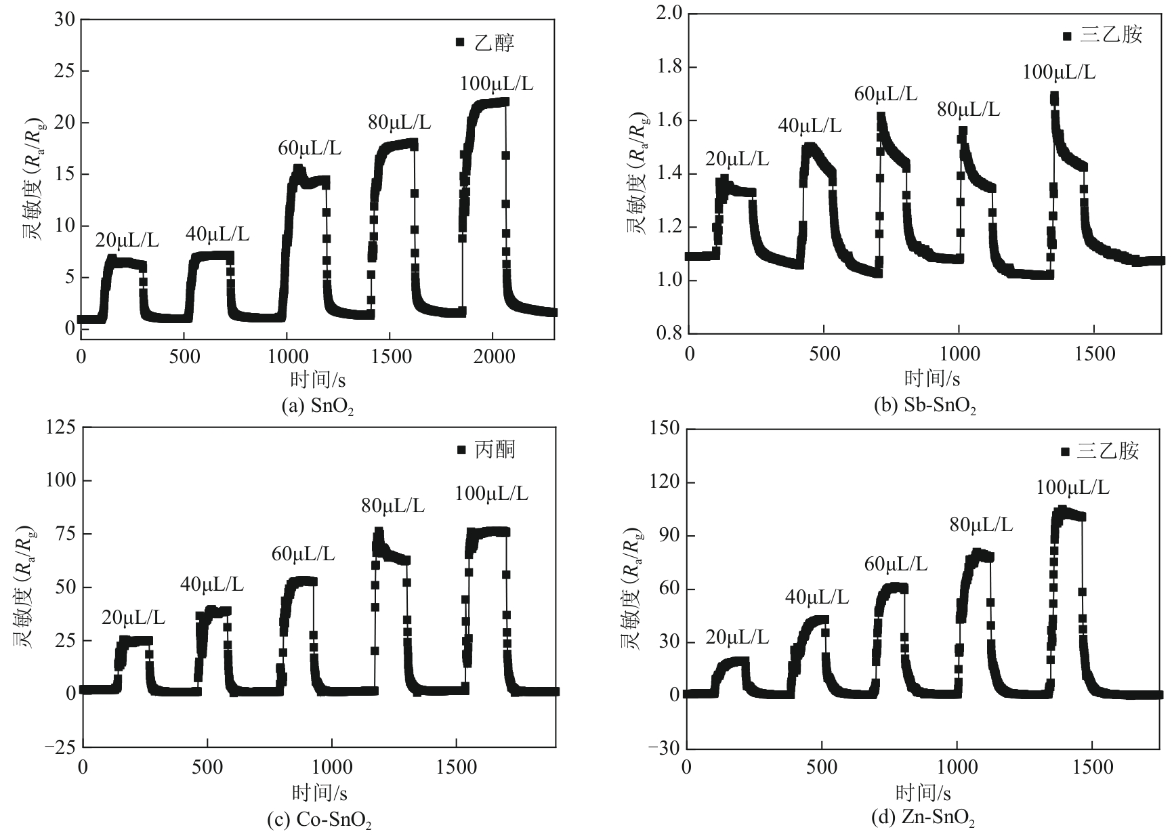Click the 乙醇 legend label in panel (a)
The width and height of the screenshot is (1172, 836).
click(494, 43)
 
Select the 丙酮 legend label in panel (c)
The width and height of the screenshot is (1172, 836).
click(494, 450)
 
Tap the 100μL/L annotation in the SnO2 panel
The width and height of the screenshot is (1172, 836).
click(497, 84)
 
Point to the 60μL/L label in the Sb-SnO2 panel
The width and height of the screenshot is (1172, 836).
click(885, 94)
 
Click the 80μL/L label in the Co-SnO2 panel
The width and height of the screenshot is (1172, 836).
click(393, 505)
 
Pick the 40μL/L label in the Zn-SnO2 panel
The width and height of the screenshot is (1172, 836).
click(816, 597)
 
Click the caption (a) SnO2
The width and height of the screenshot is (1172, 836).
click(318, 406)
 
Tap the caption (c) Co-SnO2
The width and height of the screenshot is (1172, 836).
click(320, 820)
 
